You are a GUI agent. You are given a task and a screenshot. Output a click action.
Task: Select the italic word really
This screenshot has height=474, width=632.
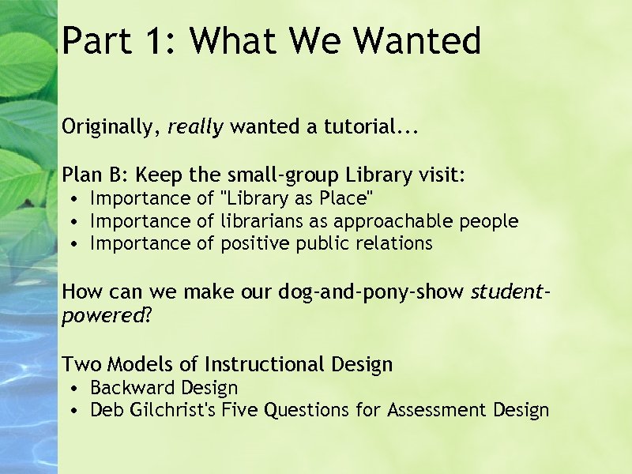(195, 126)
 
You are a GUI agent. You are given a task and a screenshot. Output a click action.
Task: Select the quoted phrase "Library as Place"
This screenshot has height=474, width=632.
(298, 197)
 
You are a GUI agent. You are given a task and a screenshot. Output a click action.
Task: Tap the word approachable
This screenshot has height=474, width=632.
(394, 220)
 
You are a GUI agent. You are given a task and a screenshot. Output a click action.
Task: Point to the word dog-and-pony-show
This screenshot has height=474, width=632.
(371, 292)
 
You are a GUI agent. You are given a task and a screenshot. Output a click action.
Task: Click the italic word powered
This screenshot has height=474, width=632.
(99, 316)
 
